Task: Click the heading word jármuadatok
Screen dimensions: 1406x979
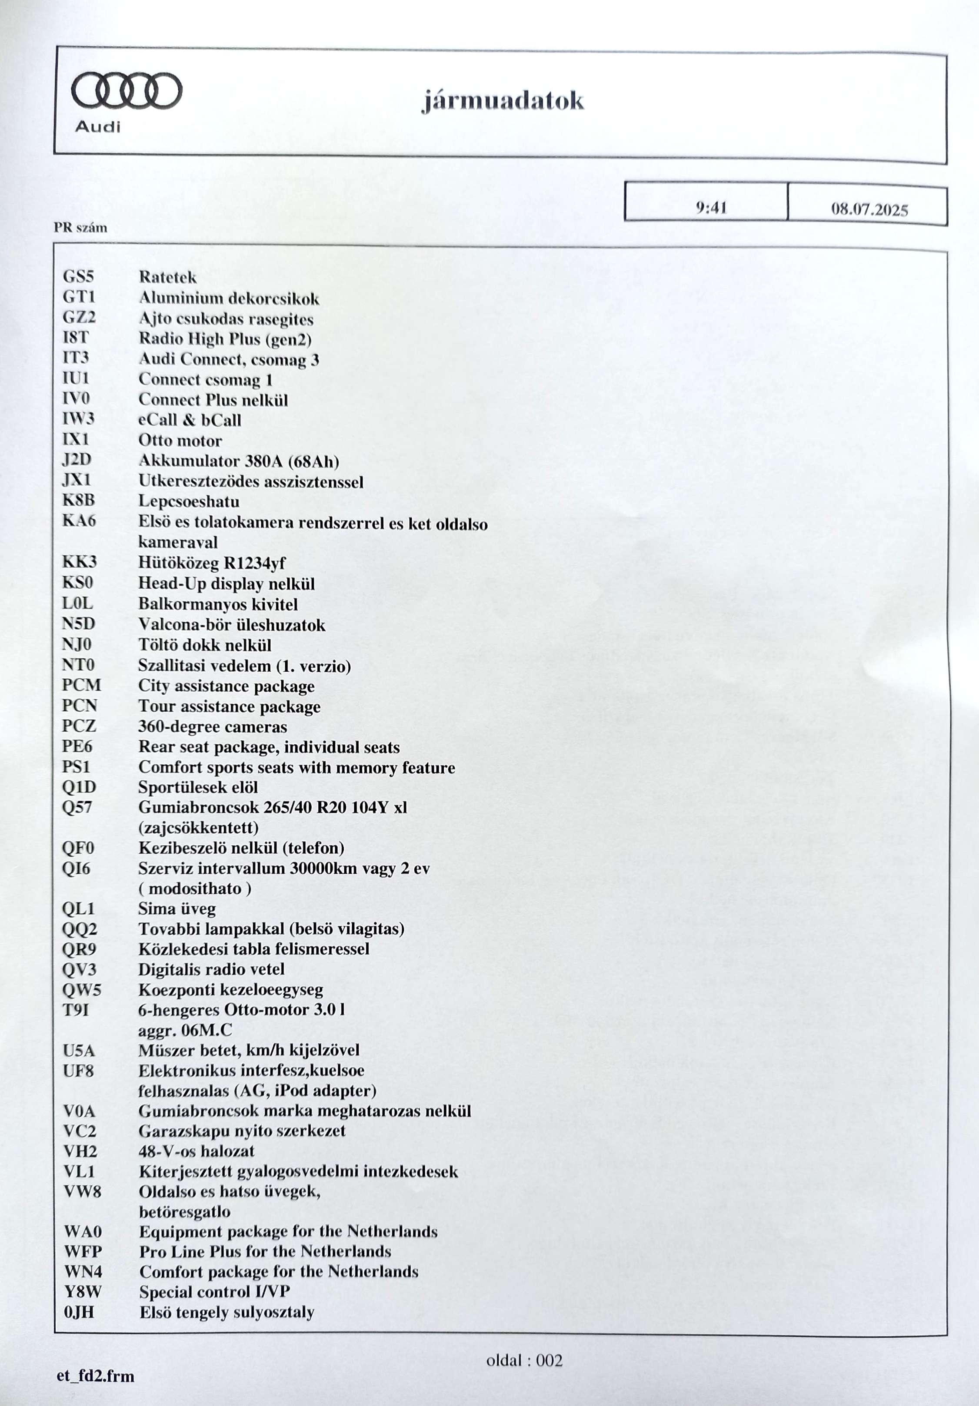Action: click(503, 100)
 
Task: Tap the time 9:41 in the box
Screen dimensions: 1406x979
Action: click(711, 208)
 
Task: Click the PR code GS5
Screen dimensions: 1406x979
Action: click(78, 276)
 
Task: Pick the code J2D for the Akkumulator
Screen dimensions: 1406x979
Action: click(77, 460)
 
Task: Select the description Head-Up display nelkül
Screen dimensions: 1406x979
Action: click(226, 584)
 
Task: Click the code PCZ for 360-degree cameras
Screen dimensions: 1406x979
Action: click(79, 726)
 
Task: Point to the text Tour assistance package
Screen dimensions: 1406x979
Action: click(229, 706)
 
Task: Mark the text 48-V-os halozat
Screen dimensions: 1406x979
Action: click(196, 1151)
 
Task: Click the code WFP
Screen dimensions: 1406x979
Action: click(83, 1252)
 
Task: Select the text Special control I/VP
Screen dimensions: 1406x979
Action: click(214, 1292)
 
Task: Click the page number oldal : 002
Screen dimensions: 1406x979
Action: click(524, 1361)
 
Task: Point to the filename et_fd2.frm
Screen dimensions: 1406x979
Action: click(96, 1376)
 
